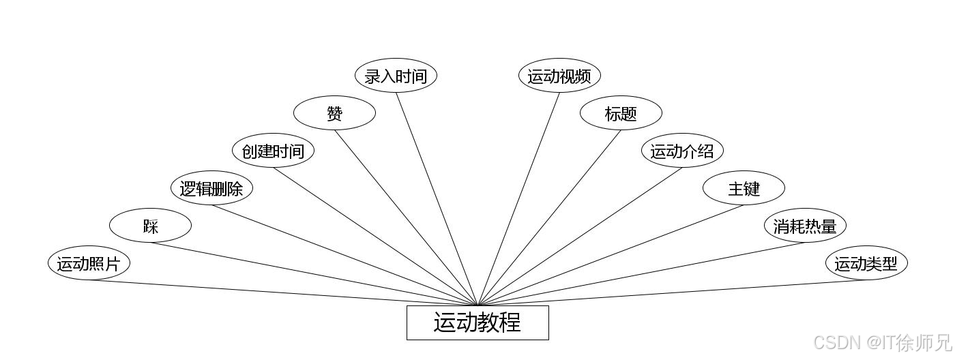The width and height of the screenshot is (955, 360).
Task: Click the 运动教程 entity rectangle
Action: [477, 322]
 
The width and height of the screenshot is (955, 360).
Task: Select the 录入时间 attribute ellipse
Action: [396, 76]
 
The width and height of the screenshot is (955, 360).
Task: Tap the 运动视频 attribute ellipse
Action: [559, 76]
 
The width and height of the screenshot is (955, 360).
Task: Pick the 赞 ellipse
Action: [334, 113]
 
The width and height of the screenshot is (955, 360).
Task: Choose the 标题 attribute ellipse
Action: [621, 113]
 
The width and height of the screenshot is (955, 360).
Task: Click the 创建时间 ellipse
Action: [273, 151]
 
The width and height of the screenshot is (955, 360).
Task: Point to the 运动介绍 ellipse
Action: [682, 151]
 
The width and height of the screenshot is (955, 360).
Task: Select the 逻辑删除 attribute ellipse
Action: [211, 188]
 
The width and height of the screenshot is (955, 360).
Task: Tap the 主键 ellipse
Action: [744, 188]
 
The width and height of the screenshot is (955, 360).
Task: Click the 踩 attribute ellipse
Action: [150, 226]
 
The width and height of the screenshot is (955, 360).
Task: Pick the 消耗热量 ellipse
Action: [805, 226]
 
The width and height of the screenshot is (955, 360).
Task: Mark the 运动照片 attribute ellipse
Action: [89, 263]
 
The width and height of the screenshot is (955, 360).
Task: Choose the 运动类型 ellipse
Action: [866, 263]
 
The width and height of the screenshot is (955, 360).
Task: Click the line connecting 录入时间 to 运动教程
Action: [437, 198]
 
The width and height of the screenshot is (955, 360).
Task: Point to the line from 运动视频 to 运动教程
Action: [518, 198]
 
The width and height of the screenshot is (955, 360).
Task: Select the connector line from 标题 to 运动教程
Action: [549, 217]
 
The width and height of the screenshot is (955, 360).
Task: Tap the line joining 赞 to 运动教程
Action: [406, 217]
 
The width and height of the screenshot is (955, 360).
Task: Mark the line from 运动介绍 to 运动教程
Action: [580, 236]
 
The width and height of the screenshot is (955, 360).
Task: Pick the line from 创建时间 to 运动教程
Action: [375, 236]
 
